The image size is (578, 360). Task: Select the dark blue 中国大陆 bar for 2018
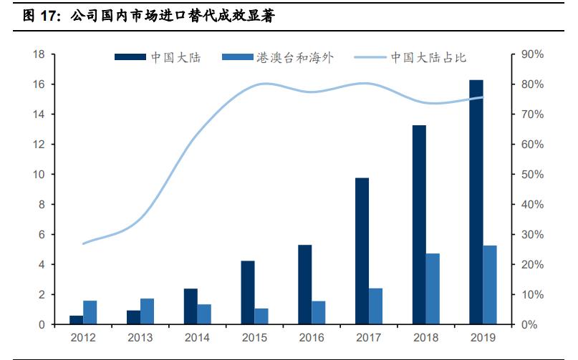418,225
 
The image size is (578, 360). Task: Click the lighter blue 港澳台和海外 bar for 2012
90,312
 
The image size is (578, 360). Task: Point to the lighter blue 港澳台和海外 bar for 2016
318,312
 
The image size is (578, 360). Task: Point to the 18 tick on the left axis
39,54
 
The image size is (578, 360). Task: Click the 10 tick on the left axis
39,175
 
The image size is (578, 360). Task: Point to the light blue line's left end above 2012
84,243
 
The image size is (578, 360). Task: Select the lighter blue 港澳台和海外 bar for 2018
433,288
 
